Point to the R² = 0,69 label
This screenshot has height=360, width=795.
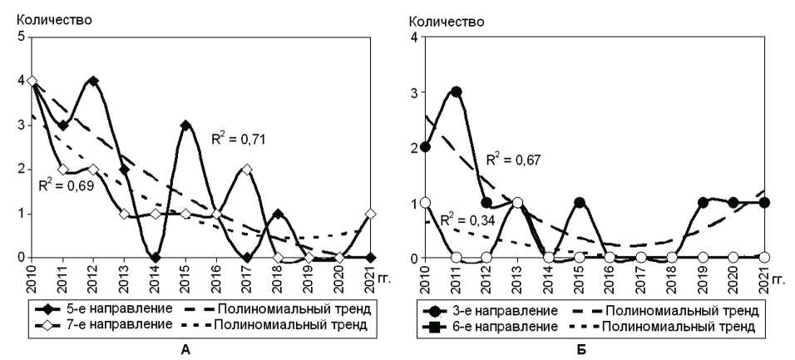[x=66, y=182]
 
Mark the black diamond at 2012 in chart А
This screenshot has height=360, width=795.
[x=93, y=81]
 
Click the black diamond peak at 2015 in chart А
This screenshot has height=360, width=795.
[x=186, y=126]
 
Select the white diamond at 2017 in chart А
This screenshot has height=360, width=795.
[x=249, y=170]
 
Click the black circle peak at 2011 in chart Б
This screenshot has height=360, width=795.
[x=457, y=91]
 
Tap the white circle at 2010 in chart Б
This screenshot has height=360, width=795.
[x=426, y=203]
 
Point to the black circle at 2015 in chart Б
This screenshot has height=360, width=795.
[x=580, y=203]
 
